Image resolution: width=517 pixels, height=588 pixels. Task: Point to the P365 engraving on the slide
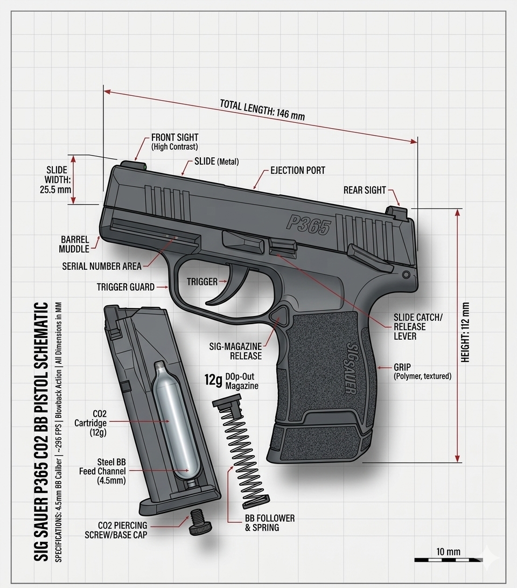tap(309, 224)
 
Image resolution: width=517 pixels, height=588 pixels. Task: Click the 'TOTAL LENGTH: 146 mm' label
tap(262, 109)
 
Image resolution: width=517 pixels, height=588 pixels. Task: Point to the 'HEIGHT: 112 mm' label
tap(465, 332)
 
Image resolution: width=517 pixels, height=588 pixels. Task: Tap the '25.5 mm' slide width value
tap(55, 190)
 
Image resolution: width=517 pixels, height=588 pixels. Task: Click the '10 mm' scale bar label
tap(449, 551)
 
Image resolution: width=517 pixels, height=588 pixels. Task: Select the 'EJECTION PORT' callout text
tap(298, 170)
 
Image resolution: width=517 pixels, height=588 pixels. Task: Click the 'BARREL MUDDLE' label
tap(74, 244)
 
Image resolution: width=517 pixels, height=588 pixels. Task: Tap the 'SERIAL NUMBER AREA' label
tap(102, 266)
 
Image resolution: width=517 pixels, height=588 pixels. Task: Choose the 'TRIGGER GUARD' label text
tap(125, 287)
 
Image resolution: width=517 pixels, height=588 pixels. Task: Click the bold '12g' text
tap(213, 380)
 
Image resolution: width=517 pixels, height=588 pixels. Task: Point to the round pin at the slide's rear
tap(406, 275)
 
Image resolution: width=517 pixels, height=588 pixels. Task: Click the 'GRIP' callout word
tap(402, 367)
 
